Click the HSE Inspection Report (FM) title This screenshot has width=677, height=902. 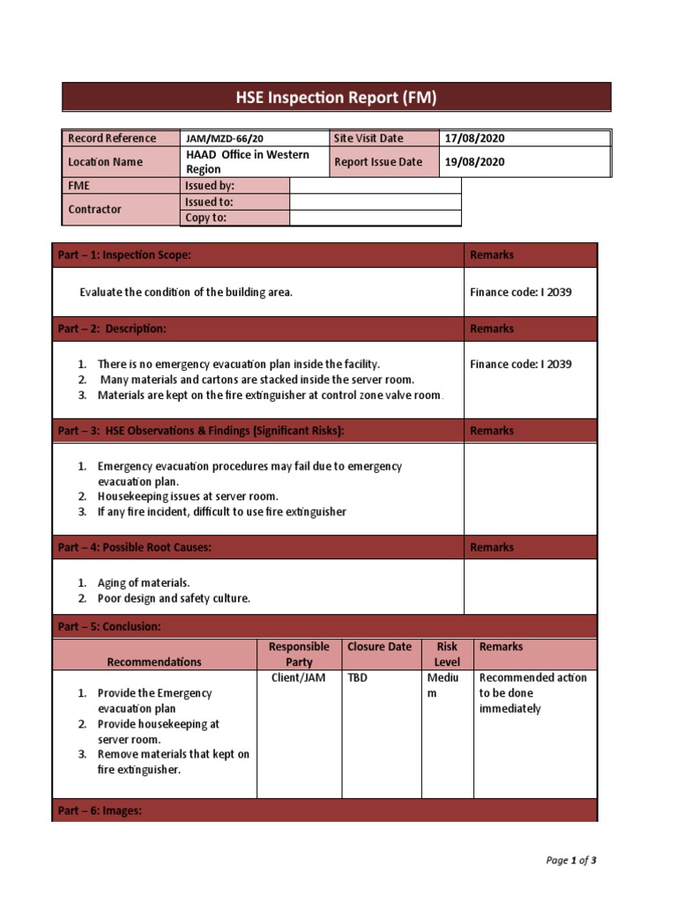coord(336,97)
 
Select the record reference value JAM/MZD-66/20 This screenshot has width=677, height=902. coord(224,138)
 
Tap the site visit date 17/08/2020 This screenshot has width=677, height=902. coord(474,138)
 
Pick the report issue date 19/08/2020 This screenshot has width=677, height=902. coord(474,162)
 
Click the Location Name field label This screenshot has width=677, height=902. coord(105,162)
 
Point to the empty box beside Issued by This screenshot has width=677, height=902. coord(375,186)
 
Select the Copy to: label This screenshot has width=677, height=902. coord(205,218)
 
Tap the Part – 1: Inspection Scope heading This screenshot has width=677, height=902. coord(124,255)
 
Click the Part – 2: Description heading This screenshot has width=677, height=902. coord(112,329)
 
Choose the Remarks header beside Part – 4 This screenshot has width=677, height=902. coord(492,548)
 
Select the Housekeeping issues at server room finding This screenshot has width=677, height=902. coord(188,496)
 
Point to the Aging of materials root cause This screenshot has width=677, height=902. coord(144,583)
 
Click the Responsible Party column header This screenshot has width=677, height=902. coord(299,654)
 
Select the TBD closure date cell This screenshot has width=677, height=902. coord(357,677)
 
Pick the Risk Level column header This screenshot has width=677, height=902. coord(447,654)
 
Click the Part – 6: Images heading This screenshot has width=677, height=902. coord(100,810)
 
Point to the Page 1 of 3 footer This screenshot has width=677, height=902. coord(571,861)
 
